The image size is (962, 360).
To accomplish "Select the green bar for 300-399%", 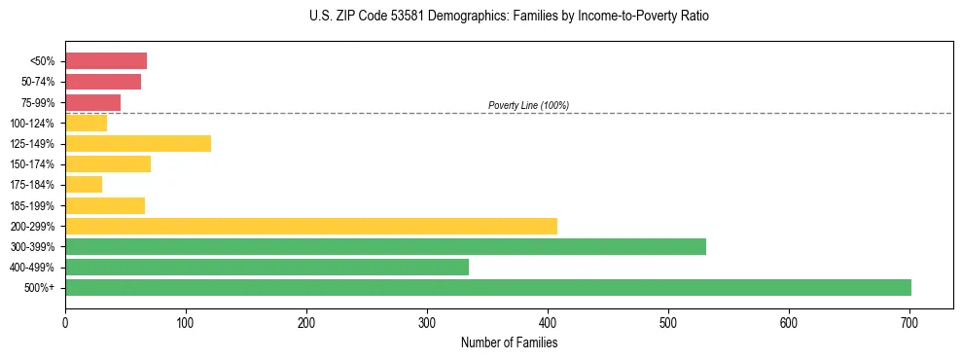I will pos(385,246).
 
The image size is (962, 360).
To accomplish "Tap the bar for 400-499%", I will pos(267,267).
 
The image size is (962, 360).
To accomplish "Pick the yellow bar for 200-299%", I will pos(311,226).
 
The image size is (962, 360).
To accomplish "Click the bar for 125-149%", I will pos(138,144).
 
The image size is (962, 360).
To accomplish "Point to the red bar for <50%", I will pos(106,61).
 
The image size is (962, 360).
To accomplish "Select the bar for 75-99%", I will pos(92,102).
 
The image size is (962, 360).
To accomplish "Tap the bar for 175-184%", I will pos(84,185).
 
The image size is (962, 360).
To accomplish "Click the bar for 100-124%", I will pos(86,124).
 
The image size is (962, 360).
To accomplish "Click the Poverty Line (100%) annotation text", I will pos(528,105).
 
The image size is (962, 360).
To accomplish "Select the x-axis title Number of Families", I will pos(509,342).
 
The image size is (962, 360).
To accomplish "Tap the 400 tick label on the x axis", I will pos(548,322).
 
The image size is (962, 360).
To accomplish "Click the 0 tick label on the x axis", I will pos(65,322).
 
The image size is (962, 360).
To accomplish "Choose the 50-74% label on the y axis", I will pos(39,82).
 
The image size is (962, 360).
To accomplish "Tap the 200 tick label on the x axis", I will pos(306,322).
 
